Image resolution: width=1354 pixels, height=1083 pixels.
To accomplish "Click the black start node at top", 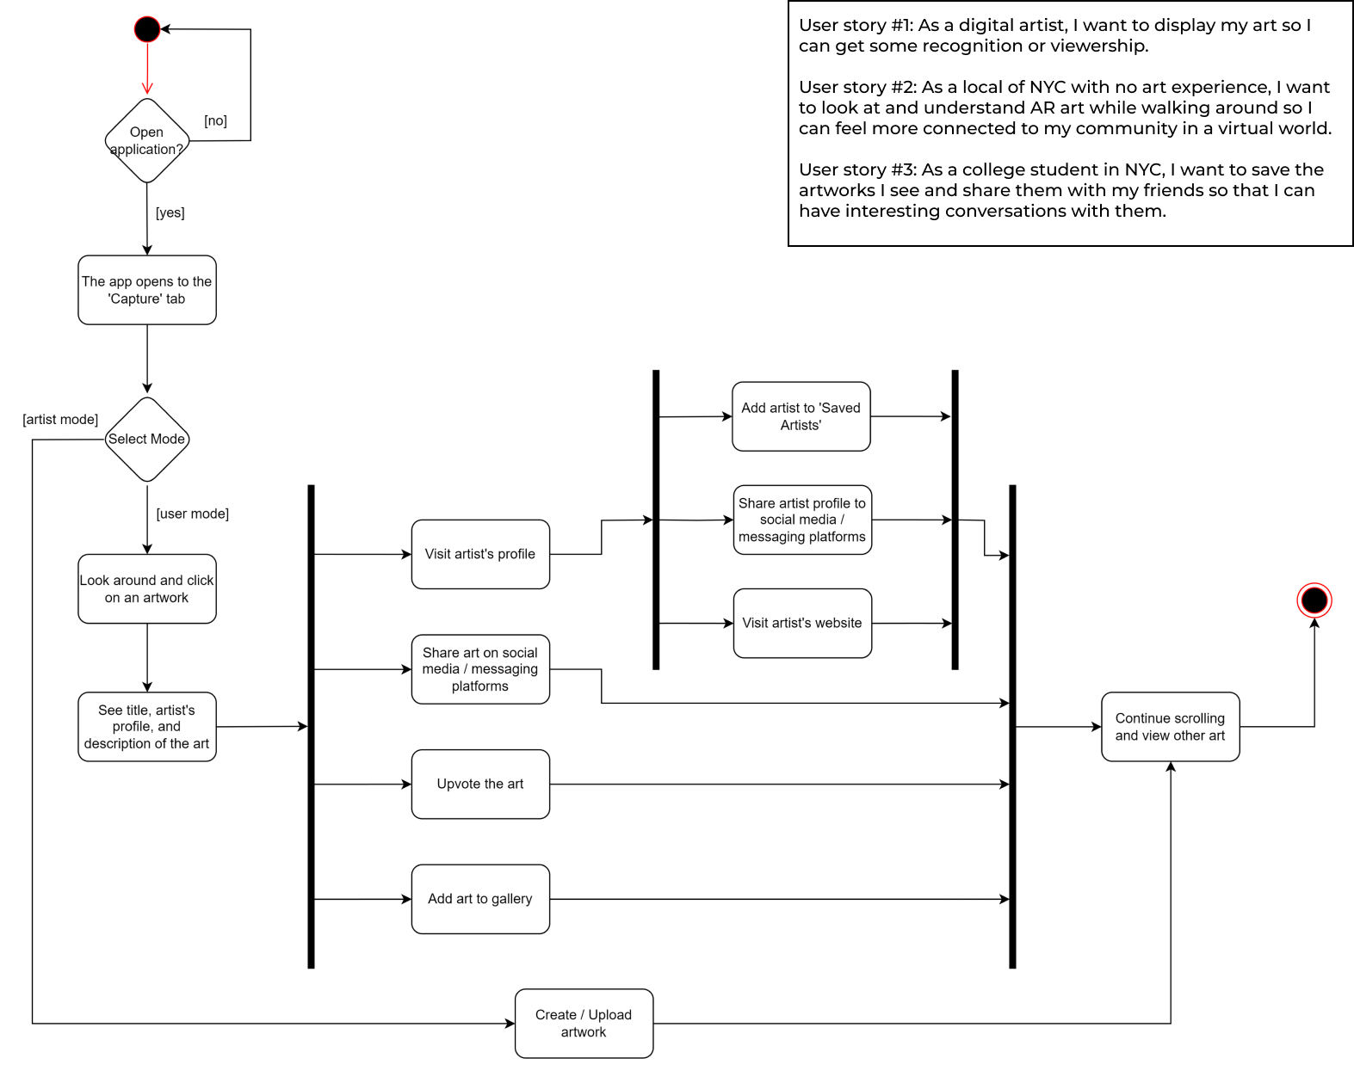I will (147, 29).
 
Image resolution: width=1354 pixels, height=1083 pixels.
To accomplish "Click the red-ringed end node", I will (1314, 600).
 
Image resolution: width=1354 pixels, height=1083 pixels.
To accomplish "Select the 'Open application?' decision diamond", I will (146, 140).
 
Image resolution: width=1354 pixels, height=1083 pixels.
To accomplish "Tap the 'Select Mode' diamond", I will (146, 439).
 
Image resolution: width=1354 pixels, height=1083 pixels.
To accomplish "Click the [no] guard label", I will (215, 120).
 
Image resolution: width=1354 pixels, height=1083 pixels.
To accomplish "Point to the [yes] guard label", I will (170, 212).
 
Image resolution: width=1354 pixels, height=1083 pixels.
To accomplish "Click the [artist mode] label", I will (60, 419).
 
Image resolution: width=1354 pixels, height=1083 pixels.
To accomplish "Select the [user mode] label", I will (192, 514).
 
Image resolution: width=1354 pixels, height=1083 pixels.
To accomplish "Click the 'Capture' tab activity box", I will (146, 290).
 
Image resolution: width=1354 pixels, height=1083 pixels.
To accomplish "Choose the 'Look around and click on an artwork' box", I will (146, 588).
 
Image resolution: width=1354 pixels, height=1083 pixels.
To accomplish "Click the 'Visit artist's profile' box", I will (480, 554).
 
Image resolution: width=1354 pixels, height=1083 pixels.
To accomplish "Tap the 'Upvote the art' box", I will (480, 784).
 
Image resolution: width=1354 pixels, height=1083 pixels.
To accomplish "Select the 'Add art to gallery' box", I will (480, 899).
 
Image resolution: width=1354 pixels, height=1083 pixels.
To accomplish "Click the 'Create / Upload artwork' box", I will (584, 1023).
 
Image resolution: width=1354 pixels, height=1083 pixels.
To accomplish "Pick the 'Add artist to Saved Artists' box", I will (801, 416).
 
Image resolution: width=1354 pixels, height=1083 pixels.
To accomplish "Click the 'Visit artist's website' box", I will (802, 623).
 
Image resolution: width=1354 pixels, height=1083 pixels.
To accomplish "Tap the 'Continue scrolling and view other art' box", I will (1170, 727).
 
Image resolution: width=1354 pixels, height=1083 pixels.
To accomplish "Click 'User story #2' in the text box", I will (856, 87).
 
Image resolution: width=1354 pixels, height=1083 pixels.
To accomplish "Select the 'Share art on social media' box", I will (480, 669).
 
